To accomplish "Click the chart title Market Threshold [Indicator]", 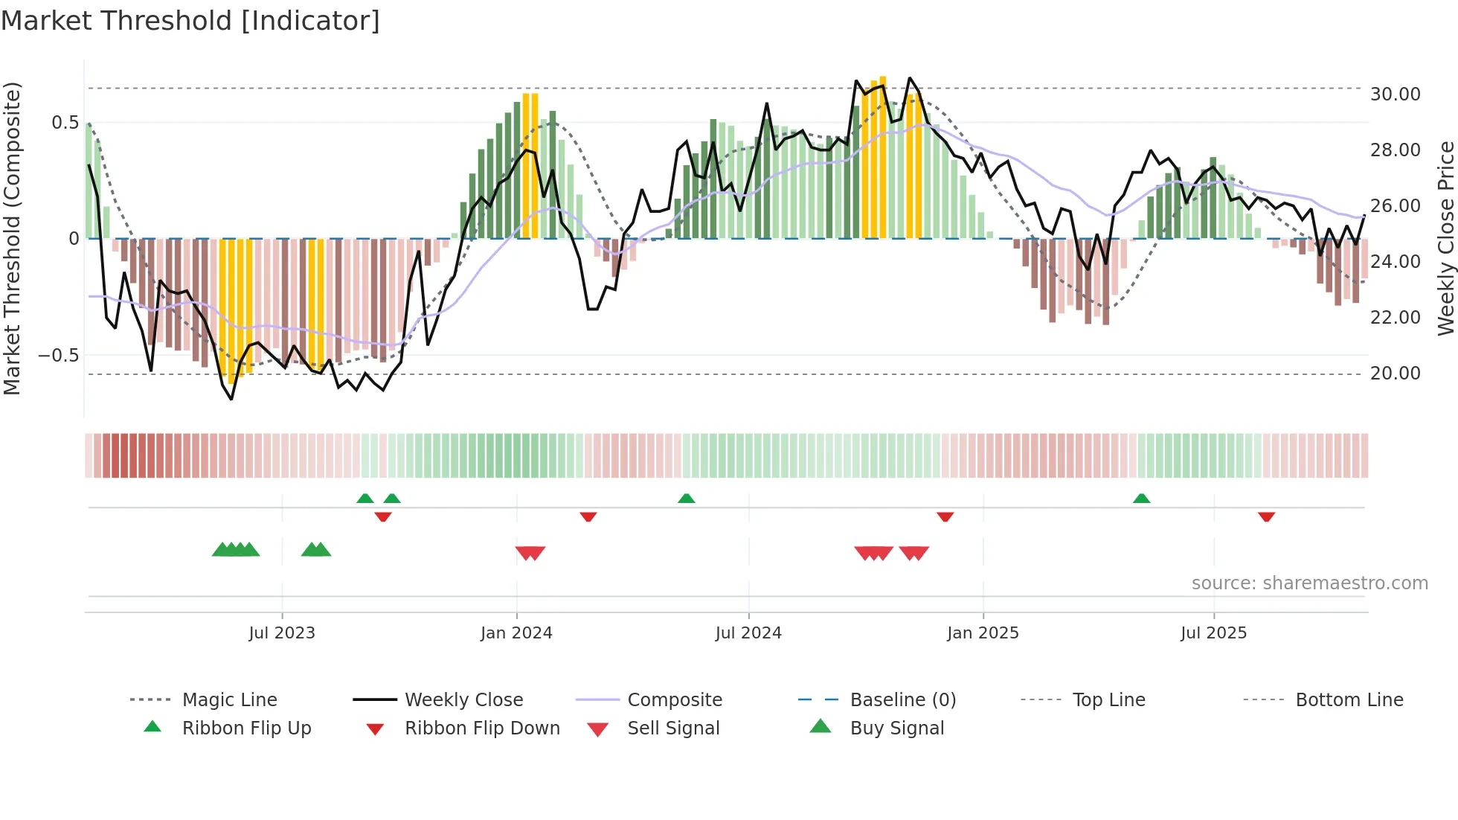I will pos(190,21).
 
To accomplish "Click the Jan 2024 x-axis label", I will pos(516,633).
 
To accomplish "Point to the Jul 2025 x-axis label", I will pos(1213,633).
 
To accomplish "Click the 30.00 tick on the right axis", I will pos(1395,95).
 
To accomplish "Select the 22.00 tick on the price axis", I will pos(1395,318).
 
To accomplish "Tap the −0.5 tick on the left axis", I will pos(59,356).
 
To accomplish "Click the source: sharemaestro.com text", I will pos(1309,583).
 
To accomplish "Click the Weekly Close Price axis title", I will pos(1445,238).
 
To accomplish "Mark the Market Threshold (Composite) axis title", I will pos(12,238).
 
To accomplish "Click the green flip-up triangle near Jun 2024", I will pos(687,499).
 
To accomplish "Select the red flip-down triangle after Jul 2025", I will pos(1267,516).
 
